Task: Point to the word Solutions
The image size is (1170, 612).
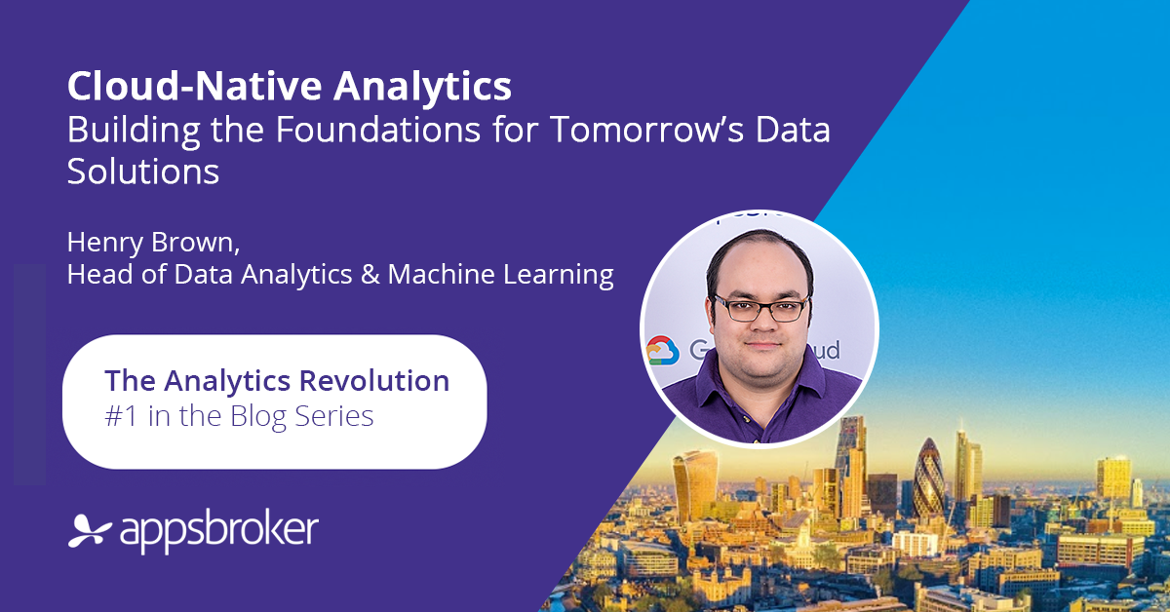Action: (x=142, y=172)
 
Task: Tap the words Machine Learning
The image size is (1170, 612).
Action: (x=500, y=276)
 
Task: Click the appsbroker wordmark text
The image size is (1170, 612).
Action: (x=218, y=531)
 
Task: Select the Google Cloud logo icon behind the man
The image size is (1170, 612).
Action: (x=662, y=350)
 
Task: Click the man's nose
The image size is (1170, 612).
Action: (x=761, y=326)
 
